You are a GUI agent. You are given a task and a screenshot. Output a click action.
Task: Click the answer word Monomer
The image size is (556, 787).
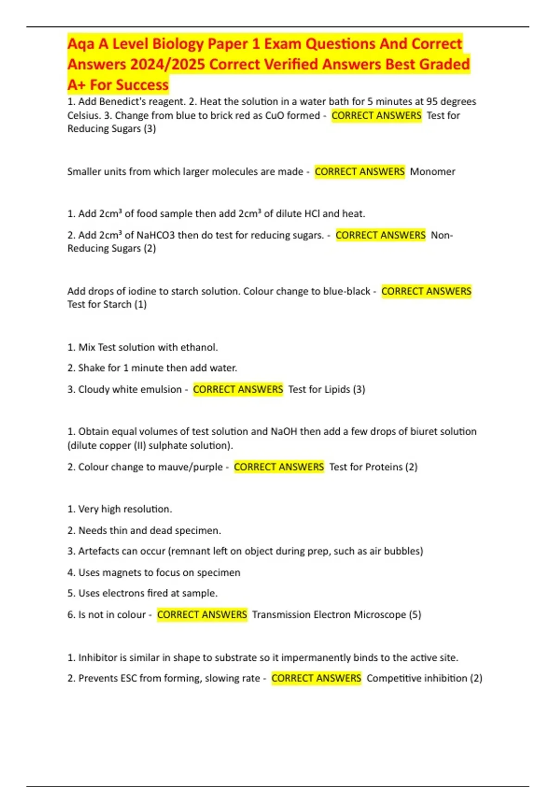coord(432,172)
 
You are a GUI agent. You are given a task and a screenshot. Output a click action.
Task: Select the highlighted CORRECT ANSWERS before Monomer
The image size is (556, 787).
coord(360,172)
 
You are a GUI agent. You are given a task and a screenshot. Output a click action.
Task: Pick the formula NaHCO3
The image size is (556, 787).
coord(156,235)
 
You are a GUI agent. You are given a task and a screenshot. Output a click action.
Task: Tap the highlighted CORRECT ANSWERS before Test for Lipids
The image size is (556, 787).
coord(238,389)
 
